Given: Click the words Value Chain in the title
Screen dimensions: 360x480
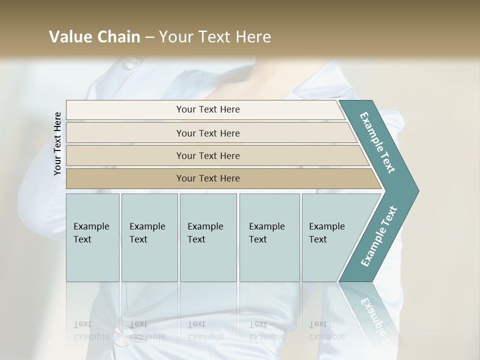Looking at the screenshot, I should [94, 37].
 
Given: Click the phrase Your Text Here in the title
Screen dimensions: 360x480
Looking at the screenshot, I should [215, 37].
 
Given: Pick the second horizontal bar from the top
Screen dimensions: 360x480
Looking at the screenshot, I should [207, 133].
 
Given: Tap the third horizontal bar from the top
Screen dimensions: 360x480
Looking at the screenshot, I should [207, 155].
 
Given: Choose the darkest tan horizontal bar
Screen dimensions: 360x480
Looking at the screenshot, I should [207, 178].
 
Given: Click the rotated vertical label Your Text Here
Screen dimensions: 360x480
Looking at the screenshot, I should [57, 143].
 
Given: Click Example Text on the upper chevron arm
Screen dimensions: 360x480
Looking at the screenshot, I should [377, 142].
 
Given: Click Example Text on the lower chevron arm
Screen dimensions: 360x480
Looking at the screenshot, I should [379, 236].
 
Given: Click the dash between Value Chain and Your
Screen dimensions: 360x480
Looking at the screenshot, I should [149, 37].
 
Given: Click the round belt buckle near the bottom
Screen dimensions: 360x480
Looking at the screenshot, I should [121, 339].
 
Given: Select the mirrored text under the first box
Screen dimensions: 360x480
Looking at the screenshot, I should [91, 330].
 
